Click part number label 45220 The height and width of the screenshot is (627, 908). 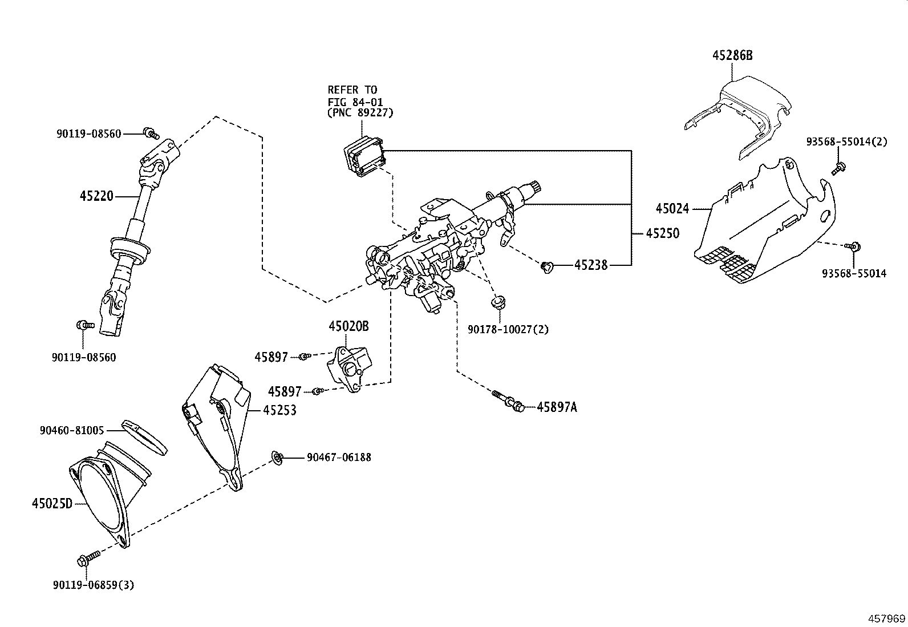[97, 196]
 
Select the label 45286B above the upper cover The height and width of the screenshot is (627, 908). [732, 55]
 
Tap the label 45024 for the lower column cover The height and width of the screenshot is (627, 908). [672, 209]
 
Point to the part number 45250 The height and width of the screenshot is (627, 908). [663, 233]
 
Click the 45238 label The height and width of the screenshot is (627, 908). [591, 265]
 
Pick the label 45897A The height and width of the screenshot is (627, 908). [557, 407]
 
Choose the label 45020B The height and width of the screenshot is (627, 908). [348, 326]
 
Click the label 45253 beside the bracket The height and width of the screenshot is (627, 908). [279, 410]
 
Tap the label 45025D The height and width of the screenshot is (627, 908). [52, 504]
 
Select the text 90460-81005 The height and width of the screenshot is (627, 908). [72, 430]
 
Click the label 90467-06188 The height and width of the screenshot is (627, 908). [339, 457]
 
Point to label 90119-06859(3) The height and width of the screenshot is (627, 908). [94, 585]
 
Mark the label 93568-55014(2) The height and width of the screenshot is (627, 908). [846, 141]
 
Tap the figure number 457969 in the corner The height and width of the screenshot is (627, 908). [886, 618]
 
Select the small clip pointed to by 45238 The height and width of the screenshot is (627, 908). [548, 266]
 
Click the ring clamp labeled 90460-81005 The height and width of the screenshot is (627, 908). [145, 437]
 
